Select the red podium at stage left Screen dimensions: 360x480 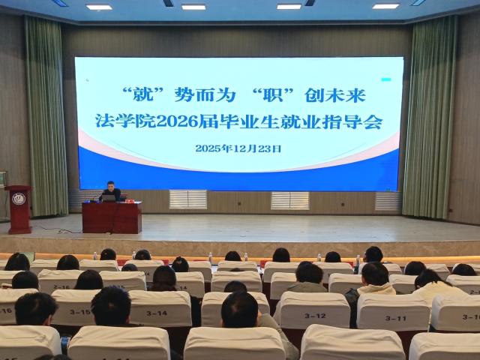(18, 209)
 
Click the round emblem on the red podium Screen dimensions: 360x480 (19, 199)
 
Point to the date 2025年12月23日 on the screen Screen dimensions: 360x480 (238, 148)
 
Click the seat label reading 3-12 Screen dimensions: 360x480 (316, 315)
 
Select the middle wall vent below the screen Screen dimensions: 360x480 (289, 200)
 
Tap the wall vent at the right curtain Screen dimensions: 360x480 (388, 201)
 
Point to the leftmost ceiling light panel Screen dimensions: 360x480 (98, 7)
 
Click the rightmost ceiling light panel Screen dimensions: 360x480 (385, 6)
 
